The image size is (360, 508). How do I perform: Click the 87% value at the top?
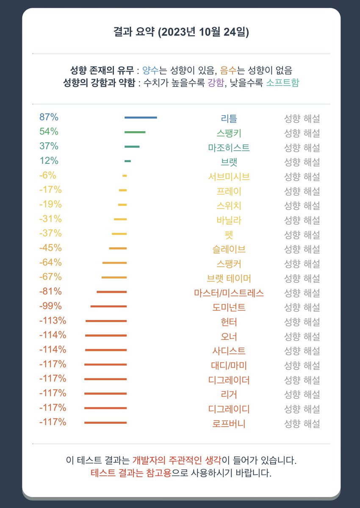pyautogui.click(x=49, y=117)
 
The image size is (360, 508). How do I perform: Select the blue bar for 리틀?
pyautogui.click(x=141, y=118)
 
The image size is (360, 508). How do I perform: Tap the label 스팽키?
pyautogui.click(x=229, y=133)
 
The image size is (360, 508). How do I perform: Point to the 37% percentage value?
pyautogui.click(x=49, y=146)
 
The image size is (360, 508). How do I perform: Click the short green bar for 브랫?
pyautogui.click(x=127, y=161)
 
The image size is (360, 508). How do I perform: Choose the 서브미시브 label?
pyautogui.click(x=229, y=177)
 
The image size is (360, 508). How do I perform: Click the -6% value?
pyautogui.click(x=47, y=175)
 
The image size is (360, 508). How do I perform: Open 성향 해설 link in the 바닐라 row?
pyautogui.click(x=302, y=220)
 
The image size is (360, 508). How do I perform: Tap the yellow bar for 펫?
pyautogui.click(x=119, y=234)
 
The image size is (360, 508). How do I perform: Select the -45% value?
pyautogui.click(x=50, y=248)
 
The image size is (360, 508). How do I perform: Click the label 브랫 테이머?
pyautogui.click(x=229, y=278)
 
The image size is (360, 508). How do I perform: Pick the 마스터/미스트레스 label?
pyautogui.click(x=229, y=293)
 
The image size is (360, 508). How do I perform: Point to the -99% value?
pyautogui.click(x=50, y=306)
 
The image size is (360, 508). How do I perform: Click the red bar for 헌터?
pyautogui.click(x=106, y=321)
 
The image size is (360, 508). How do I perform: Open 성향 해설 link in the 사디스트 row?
pyautogui.click(x=302, y=351)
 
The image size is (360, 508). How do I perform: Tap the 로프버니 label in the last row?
pyautogui.click(x=229, y=423)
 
